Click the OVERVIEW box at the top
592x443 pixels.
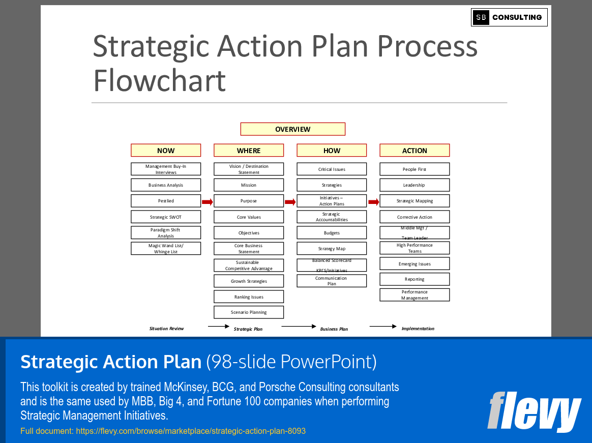click(x=292, y=129)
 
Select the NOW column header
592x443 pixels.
click(x=166, y=151)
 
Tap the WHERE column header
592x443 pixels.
click(x=249, y=151)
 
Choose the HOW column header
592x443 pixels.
click(x=332, y=151)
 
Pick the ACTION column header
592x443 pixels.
click(x=415, y=151)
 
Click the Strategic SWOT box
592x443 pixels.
click(x=166, y=217)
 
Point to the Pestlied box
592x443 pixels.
click(x=166, y=201)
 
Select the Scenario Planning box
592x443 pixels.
click(x=249, y=312)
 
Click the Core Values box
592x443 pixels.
click(x=249, y=217)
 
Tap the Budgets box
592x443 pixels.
click(x=332, y=233)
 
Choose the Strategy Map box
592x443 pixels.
click(x=332, y=249)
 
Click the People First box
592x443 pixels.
click(x=415, y=169)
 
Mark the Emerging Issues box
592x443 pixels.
click(x=415, y=264)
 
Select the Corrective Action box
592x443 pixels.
click(x=415, y=217)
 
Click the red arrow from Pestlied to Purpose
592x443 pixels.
click(x=207, y=202)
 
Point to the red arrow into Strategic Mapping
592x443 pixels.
click(x=373, y=202)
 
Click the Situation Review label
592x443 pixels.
click(x=166, y=329)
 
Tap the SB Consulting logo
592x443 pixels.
click(x=509, y=17)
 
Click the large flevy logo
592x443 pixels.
click(x=534, y=411)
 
